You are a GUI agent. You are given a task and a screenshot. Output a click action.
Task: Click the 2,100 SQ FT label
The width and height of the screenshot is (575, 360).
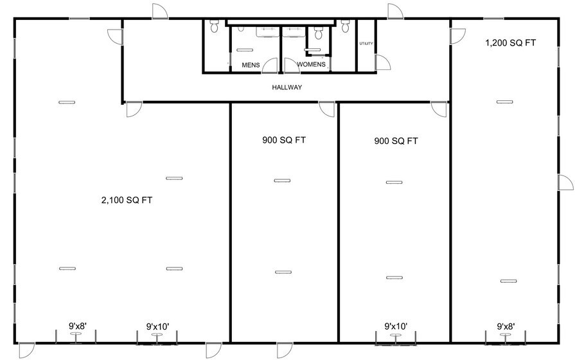point(127,200)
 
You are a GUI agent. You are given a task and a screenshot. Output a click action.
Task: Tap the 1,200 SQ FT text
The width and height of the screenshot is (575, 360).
point(511,42)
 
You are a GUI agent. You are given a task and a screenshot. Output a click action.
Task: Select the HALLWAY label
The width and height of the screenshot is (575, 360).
point(287,87)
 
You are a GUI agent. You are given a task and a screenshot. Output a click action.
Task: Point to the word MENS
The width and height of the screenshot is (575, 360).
point(251,65)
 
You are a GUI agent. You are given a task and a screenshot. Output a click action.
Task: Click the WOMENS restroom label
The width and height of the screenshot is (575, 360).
point(312,65)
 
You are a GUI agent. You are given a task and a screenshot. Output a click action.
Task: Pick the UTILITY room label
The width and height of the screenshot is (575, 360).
point(366,44)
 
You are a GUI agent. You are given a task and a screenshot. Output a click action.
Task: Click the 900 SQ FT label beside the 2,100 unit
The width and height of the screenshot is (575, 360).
point(283,139)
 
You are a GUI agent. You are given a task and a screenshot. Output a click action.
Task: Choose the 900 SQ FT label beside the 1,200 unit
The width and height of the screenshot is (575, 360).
point(396,141)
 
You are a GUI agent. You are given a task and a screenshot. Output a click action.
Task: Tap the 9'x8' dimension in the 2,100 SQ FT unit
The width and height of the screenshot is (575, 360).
point(82,326)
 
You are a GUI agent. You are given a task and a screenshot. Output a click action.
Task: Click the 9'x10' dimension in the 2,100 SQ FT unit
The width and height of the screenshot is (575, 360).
point(157,327)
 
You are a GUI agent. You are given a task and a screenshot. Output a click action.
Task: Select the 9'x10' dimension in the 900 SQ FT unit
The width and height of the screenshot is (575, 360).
point(396,327)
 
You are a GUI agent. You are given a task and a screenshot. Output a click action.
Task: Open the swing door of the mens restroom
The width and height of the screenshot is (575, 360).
point(270,65)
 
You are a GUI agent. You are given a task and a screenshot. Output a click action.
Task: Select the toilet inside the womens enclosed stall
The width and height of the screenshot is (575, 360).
point(317,35)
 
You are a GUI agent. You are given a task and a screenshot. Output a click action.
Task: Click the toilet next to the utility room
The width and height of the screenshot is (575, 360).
point(346,25)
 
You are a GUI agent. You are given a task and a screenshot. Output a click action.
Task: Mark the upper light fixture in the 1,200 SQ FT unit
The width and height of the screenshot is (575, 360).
point(505,102)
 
